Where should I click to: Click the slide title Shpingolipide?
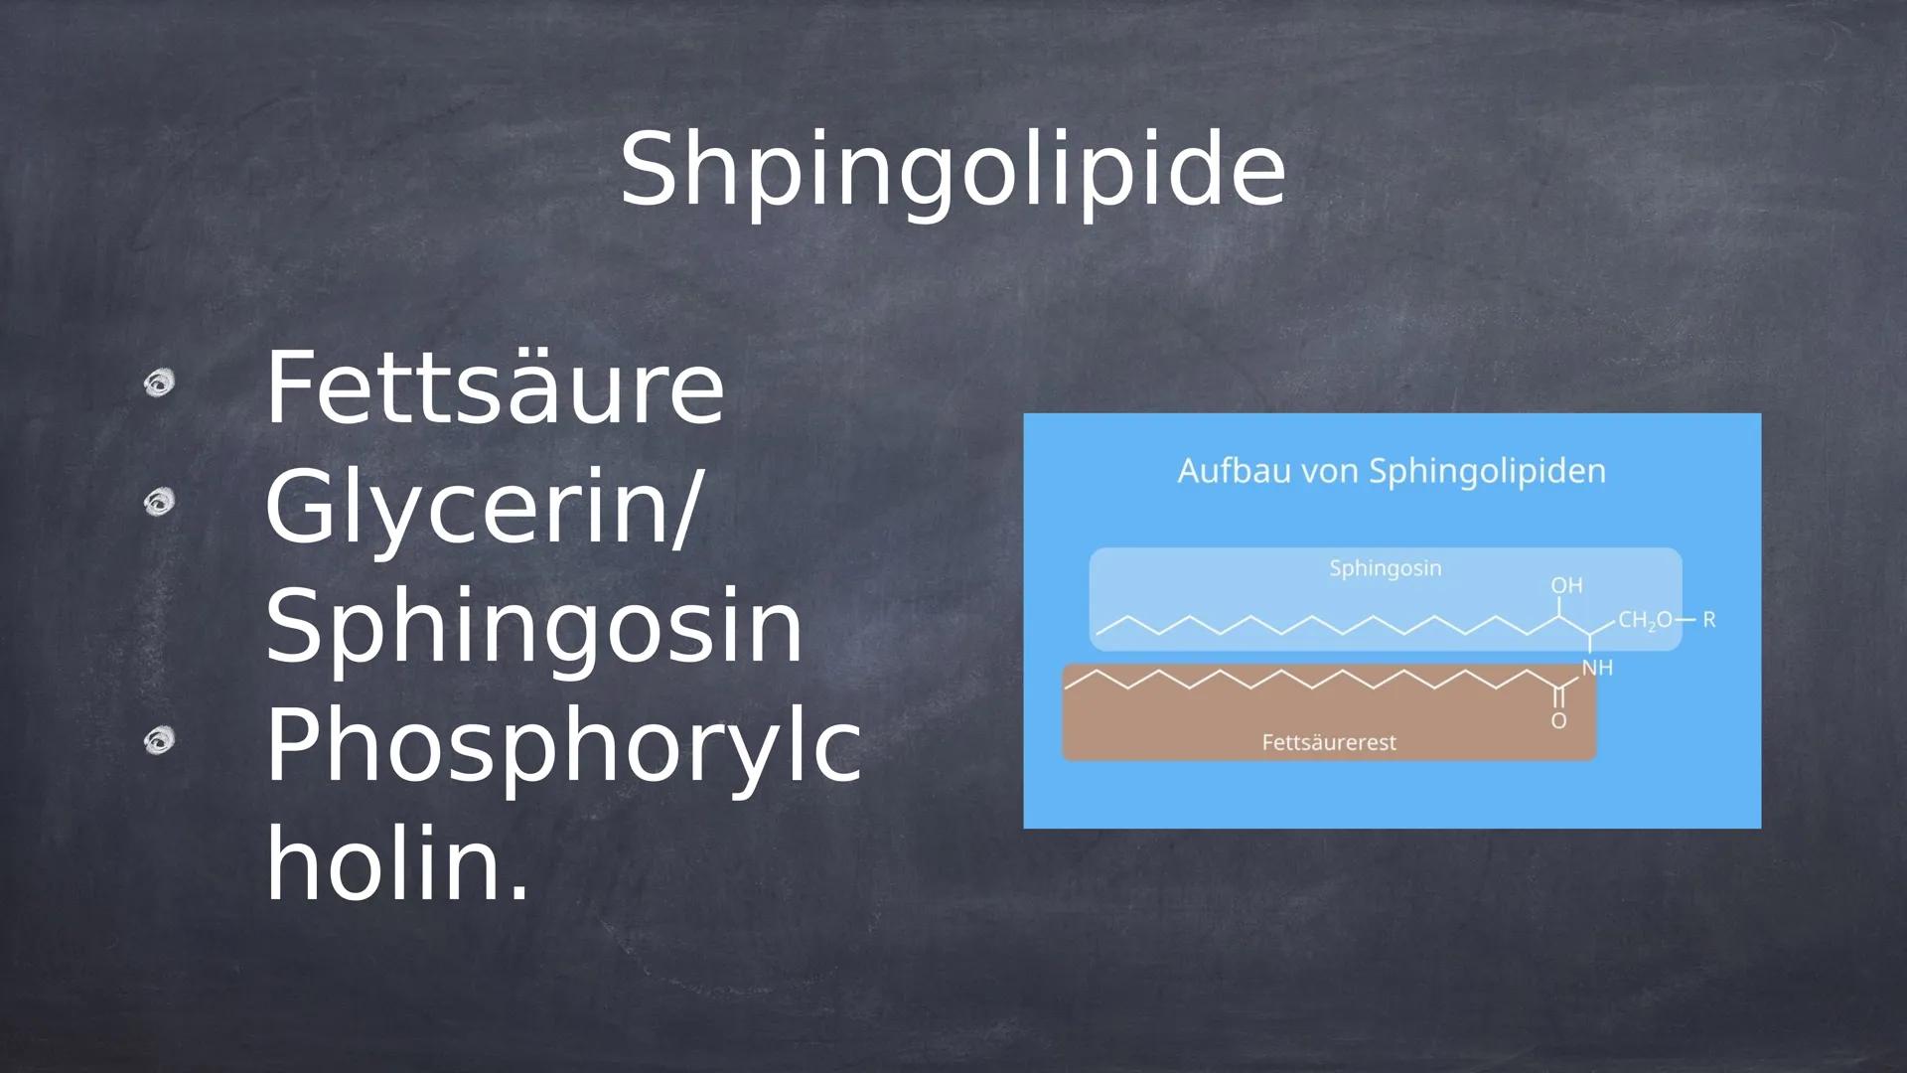(953, 171)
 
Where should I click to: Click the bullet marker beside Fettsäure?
(158, 383)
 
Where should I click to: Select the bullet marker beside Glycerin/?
(158, 503)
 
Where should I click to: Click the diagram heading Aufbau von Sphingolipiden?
(1392, 471)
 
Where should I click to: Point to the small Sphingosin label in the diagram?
(1386, 569)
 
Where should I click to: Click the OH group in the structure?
(1567, 586)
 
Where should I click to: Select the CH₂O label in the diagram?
(1646, 621)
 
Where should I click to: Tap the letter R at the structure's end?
(1709, 620)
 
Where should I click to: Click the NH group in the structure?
(1597, 669)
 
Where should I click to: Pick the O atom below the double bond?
(1559, 720)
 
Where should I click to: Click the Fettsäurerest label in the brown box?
(1329, 742)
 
